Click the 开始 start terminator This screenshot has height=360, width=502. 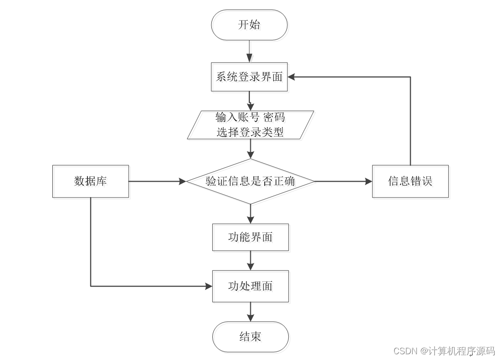point(249,25)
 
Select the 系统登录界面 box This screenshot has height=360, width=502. point(249,77)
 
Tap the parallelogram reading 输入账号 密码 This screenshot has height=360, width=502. point(250,125)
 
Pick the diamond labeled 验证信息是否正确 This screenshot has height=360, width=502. point(250,181)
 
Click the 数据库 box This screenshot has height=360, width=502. point(91,181)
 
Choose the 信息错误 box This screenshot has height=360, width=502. point(410,181)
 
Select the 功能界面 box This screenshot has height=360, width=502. point(250,237)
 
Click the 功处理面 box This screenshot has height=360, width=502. point(250,286)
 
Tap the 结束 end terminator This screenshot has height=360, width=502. point(250,337)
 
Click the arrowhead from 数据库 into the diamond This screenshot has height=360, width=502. point(183,181)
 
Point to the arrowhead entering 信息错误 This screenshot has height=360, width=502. point(368,181)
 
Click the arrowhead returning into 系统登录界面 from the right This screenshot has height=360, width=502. point(292,77)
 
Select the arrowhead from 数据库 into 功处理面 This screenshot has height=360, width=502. point(209,286)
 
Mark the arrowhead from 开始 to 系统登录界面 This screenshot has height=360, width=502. point(249,59)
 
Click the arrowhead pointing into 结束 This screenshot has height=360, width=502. point(250,318)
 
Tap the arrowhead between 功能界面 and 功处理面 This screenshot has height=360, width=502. point(250,266)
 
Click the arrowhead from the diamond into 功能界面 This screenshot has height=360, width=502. point(250,220)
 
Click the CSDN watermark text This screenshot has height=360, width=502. point(444,351)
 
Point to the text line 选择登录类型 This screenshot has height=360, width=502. point(250,132)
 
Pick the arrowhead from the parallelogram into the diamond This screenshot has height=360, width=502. point(250,155)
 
